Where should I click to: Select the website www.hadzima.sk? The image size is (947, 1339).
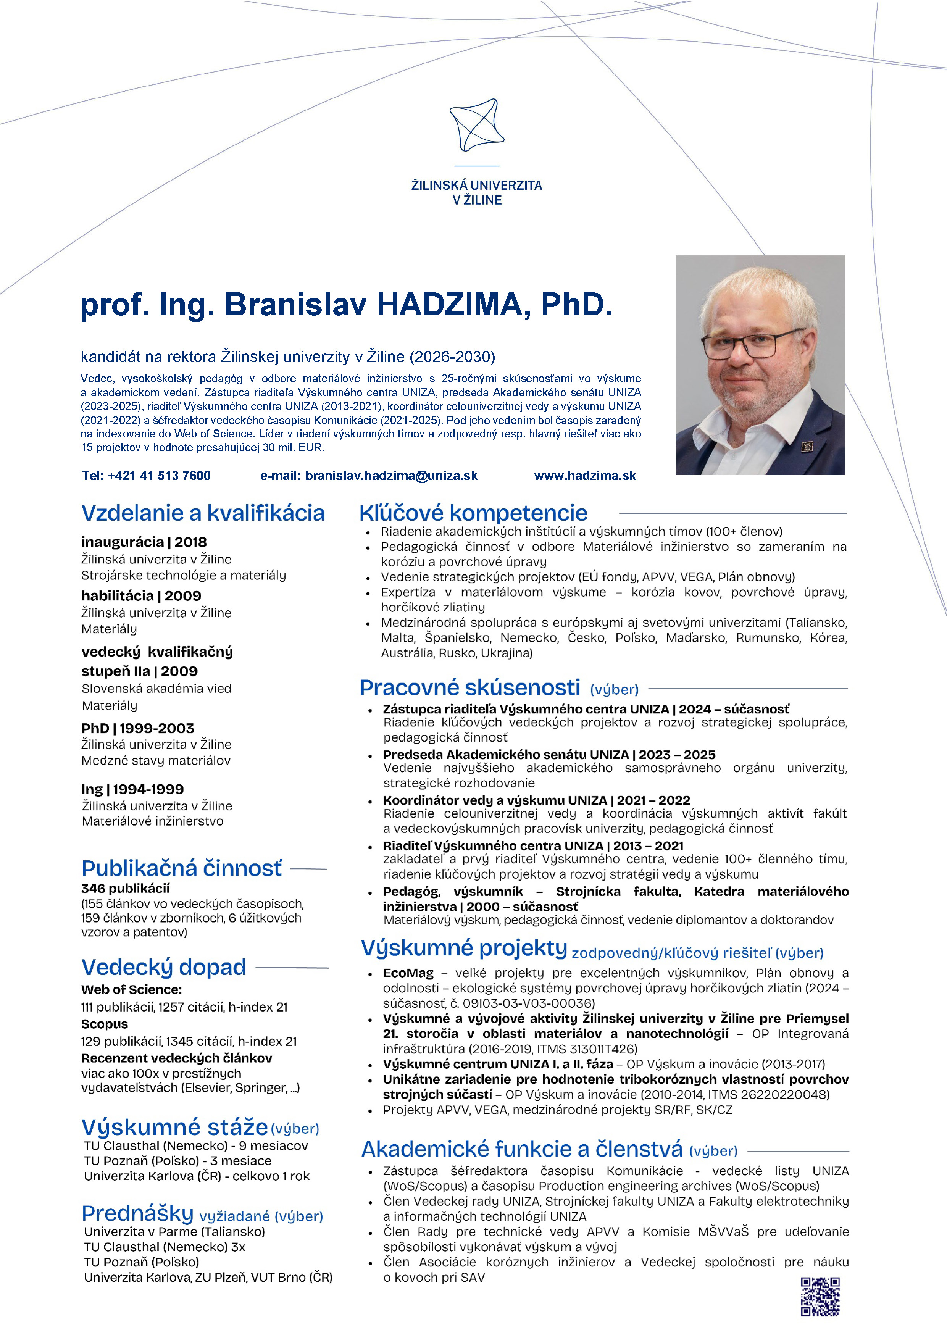pyautogui.click(x=585, y=476)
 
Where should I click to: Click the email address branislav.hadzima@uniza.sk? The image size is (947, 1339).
pyautogui.click(x=391, y=476)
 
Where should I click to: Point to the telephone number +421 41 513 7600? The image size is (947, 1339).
pyautogui.click(x=159, y=476)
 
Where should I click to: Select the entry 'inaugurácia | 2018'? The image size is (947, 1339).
pyautogui.click(x=144, y=542)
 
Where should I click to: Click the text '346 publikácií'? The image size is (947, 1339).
pyautogui.click(x=125, y=889)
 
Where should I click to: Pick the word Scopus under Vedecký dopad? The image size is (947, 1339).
pyautogui.click(x=104, y=1024)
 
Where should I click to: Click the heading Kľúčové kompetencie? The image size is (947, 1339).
pyautogui.click(x=473, y=513)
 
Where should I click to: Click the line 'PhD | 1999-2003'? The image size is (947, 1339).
pyautogui.click(x=138, y=728)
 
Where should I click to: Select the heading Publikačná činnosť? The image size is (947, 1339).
pyautogui.click(x=181, y=868)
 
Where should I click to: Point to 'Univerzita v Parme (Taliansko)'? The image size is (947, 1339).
pyautogui.click(x=174, y=1232)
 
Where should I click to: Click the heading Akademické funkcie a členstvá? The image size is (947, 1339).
pyautogui.click(x=522, y=1149)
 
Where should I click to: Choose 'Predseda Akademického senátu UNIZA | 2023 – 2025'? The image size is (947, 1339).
pyautogui.click(x=549, y=755)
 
